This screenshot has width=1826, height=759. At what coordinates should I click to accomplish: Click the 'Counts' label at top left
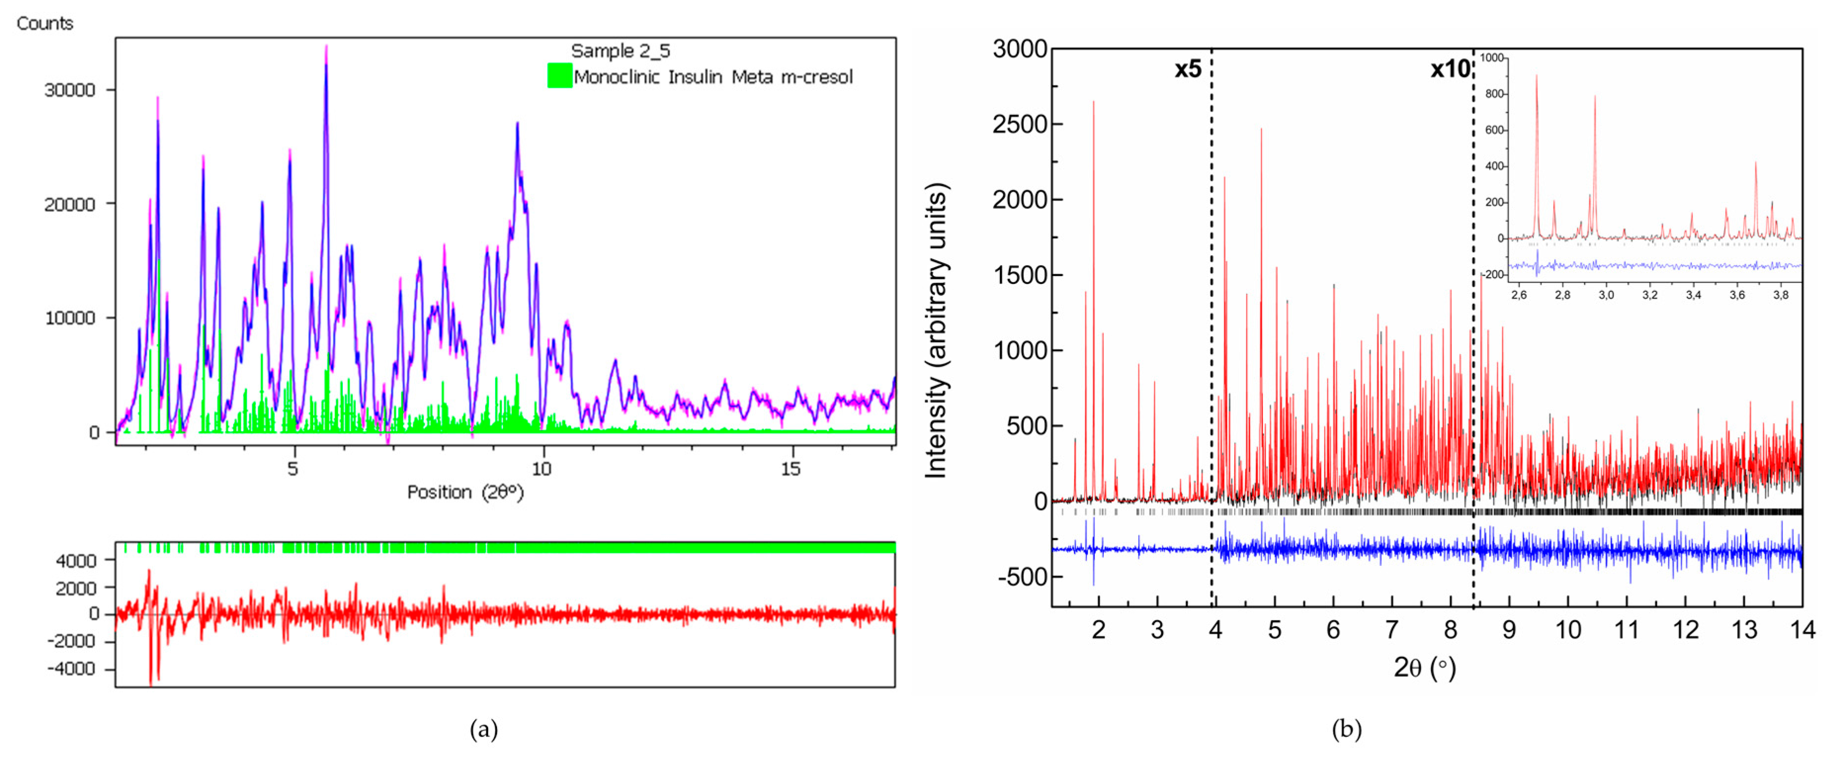[x=44, y=23]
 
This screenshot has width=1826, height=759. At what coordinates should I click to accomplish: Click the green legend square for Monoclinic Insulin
[x=559, y=76]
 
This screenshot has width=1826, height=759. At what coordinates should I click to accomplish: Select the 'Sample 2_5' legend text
[x=620, y=51]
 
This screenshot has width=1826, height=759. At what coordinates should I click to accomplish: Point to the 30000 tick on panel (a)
[x=70, y=90]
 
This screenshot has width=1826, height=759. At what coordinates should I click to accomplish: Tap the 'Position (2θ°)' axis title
[x=465, y=492]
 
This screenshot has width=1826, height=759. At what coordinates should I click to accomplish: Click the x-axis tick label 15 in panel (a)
[x=790, y=469]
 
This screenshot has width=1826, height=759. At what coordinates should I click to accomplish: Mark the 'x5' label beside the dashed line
[x=1188, y=70]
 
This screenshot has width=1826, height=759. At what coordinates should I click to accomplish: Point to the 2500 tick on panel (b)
[x=1019, y=124]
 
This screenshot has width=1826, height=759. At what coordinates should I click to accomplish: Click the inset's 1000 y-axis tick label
[x=1492, y=57]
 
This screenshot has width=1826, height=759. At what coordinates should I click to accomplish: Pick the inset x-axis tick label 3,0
[x=1606, y=295]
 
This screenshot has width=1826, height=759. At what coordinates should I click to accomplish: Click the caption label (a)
[x=484, y=728]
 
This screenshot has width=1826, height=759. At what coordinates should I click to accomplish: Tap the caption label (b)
[x=1346, y=728]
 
